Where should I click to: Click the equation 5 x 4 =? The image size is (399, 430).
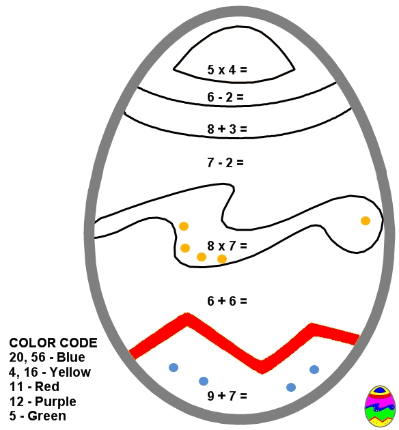click(227, 70)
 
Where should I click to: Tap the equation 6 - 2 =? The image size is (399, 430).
click(225, 97)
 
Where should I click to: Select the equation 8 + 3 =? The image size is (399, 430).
click(227, 129)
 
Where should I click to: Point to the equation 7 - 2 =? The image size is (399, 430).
click(225, 162)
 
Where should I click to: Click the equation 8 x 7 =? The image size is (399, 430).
click(227, 246)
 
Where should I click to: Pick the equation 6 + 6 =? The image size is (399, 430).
click(227, 301)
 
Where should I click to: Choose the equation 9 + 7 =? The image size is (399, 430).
click(227, 396)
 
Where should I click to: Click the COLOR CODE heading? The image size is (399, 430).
click(53, 343)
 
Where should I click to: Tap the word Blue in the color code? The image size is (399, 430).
click(71, 357)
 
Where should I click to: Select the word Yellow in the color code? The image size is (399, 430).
click(70, 372)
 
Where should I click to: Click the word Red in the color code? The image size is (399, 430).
click(47, 387)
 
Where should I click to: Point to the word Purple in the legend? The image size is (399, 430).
click(55, 402)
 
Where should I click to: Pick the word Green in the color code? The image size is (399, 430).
click(47, 416)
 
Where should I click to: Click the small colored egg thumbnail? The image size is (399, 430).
click(379, 406)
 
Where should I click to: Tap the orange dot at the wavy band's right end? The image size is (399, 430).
click(366, 220)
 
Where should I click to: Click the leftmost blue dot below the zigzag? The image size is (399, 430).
click(174, 367)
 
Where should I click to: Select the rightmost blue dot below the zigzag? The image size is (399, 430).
click(314, 370)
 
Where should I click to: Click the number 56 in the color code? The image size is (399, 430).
click(38, 357)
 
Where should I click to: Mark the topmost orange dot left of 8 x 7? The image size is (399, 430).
click(184, 226)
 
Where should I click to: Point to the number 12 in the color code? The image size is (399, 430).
click(16, 401)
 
